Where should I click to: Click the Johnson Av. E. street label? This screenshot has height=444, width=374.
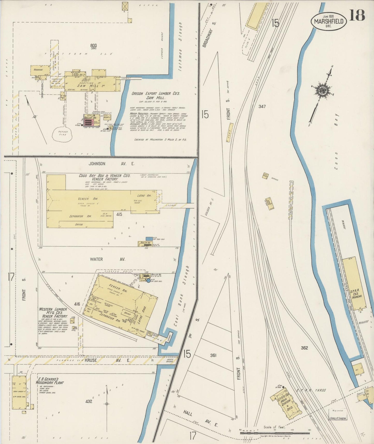[x=108, y=163]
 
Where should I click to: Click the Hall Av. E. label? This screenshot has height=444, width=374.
[x=200, y=418]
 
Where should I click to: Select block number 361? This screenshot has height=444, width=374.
[x=213, y=355]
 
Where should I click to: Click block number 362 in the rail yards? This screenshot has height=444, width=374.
[x=304, y=348]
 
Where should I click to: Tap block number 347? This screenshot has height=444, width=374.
[x=262, y=106]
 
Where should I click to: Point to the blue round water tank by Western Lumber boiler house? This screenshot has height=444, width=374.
[x=148, y=281]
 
